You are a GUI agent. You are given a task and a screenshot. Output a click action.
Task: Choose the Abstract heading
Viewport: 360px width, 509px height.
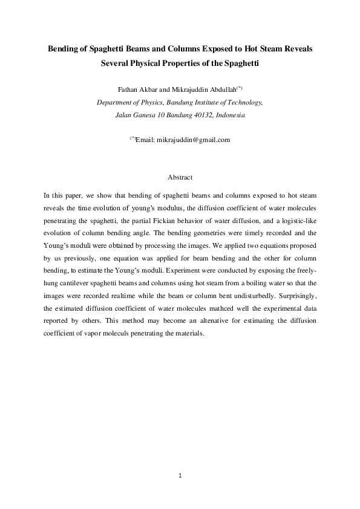(x=180, y=177)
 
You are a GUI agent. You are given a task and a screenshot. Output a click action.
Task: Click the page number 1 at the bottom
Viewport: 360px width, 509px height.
(x=180, y=476)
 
